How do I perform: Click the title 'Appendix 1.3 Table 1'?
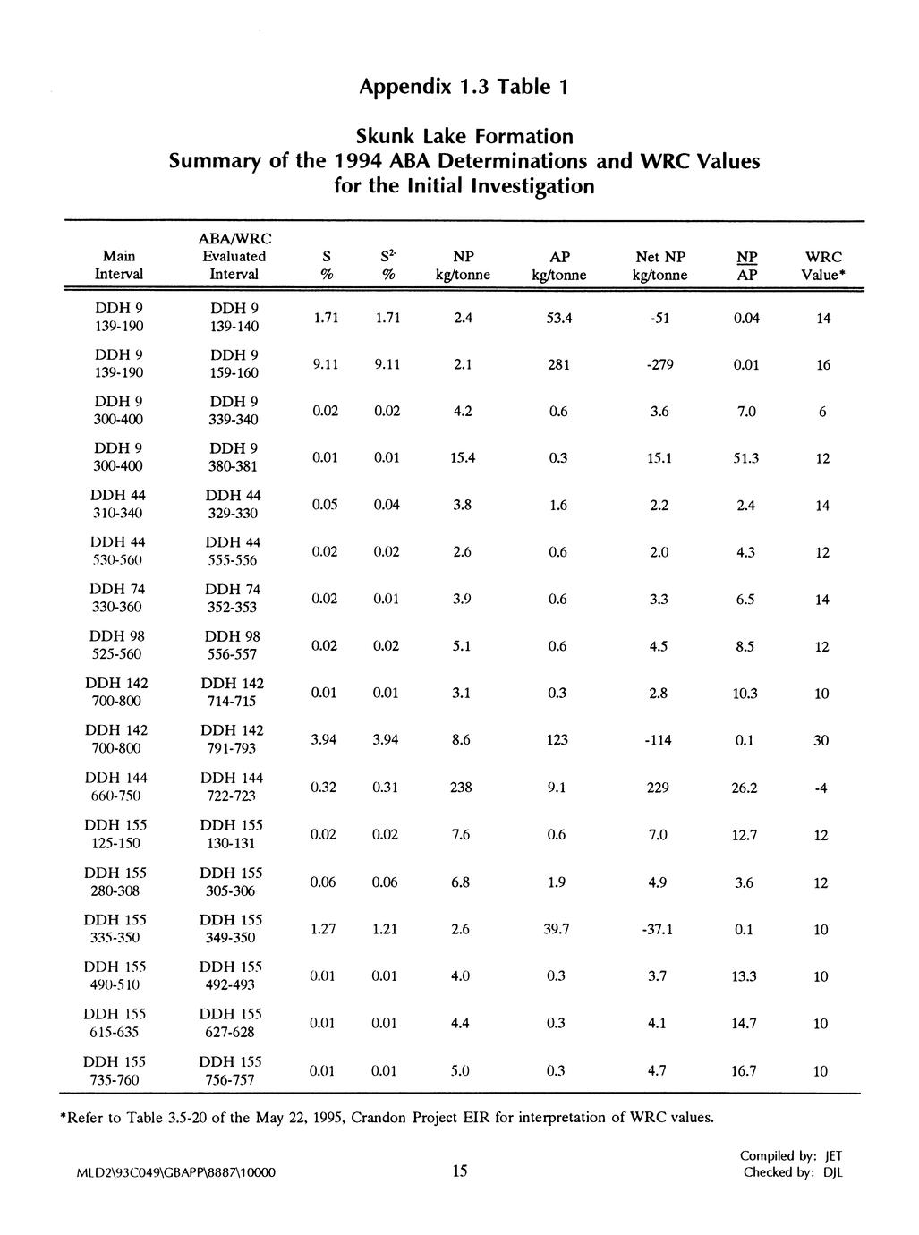tap(463, 87)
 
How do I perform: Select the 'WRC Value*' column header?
tap(823, 266)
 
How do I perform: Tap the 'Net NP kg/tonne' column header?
tap(659, 266)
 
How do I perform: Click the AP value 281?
tap(558, 365)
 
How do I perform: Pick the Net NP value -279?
tap(659, 365)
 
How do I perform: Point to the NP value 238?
tap(462, 788)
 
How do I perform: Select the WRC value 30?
tap(821, 741)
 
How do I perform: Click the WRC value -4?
tap(821, 788)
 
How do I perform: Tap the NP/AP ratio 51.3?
tap(745, 459)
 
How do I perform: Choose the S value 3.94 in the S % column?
tap(323, 740)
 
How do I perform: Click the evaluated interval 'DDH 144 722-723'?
tap(232, 788)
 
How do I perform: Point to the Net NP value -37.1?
tap(658, 930)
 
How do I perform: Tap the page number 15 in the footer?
tap(460, 1172)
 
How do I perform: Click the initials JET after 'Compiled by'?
tap(833, 1156)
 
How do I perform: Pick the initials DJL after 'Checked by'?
tap(832, 1173)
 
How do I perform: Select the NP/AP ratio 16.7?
tap(745, 1071)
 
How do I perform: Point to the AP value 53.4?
tap(558, 319)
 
